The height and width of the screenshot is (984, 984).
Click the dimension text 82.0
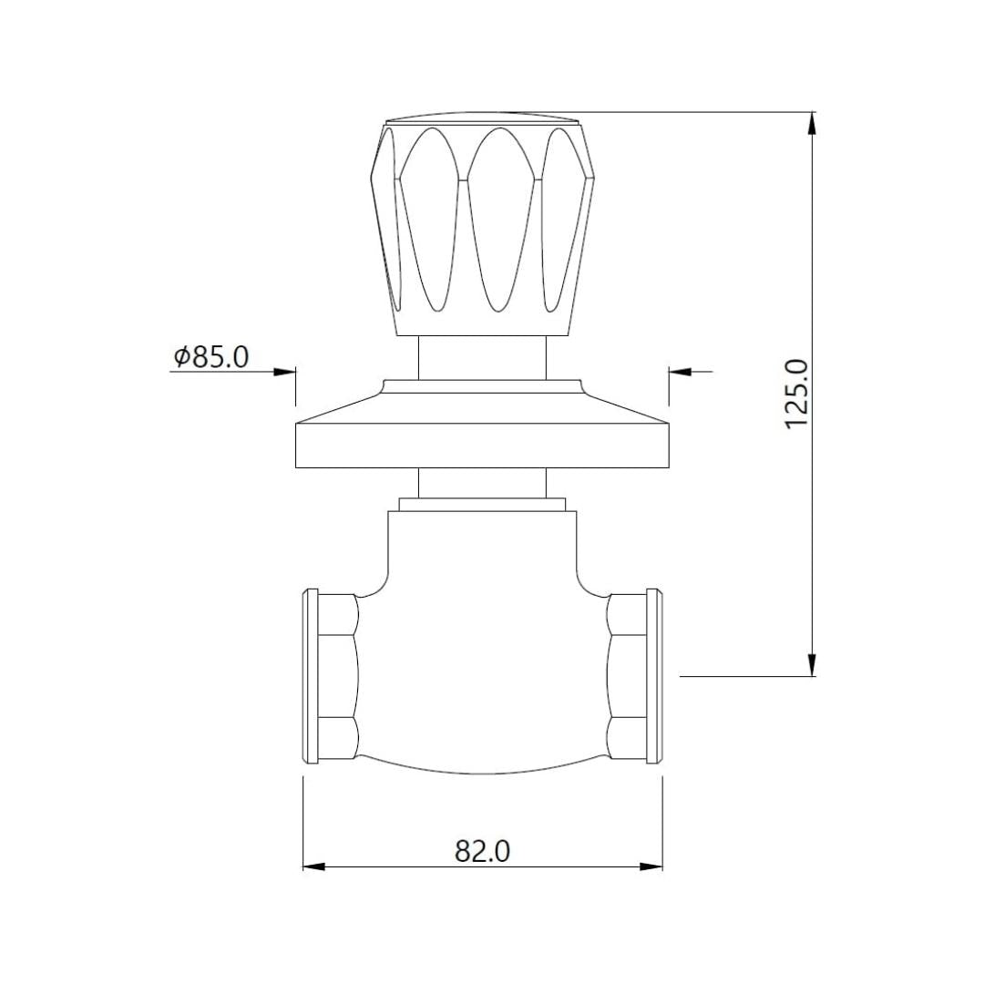pyautogui.click(x=482, y=852)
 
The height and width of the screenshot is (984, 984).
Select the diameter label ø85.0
pyautogui.click(x=211, y=357)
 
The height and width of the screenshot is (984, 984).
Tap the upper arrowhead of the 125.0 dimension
pyautogui.click(x=812, y=122)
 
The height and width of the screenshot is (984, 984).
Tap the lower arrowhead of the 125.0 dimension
pyautogui.click(x=812, y=665)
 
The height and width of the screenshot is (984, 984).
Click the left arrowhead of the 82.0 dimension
pyautogui.click(x=314, y=867)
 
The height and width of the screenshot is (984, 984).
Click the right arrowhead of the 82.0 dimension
pyautogui.click(x=651, y=867)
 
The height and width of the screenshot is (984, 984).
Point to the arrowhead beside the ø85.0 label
pyautogui.click(x=284, y=372)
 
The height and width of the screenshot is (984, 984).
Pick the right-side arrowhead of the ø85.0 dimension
pyautogui.click(x=681, y=372)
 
